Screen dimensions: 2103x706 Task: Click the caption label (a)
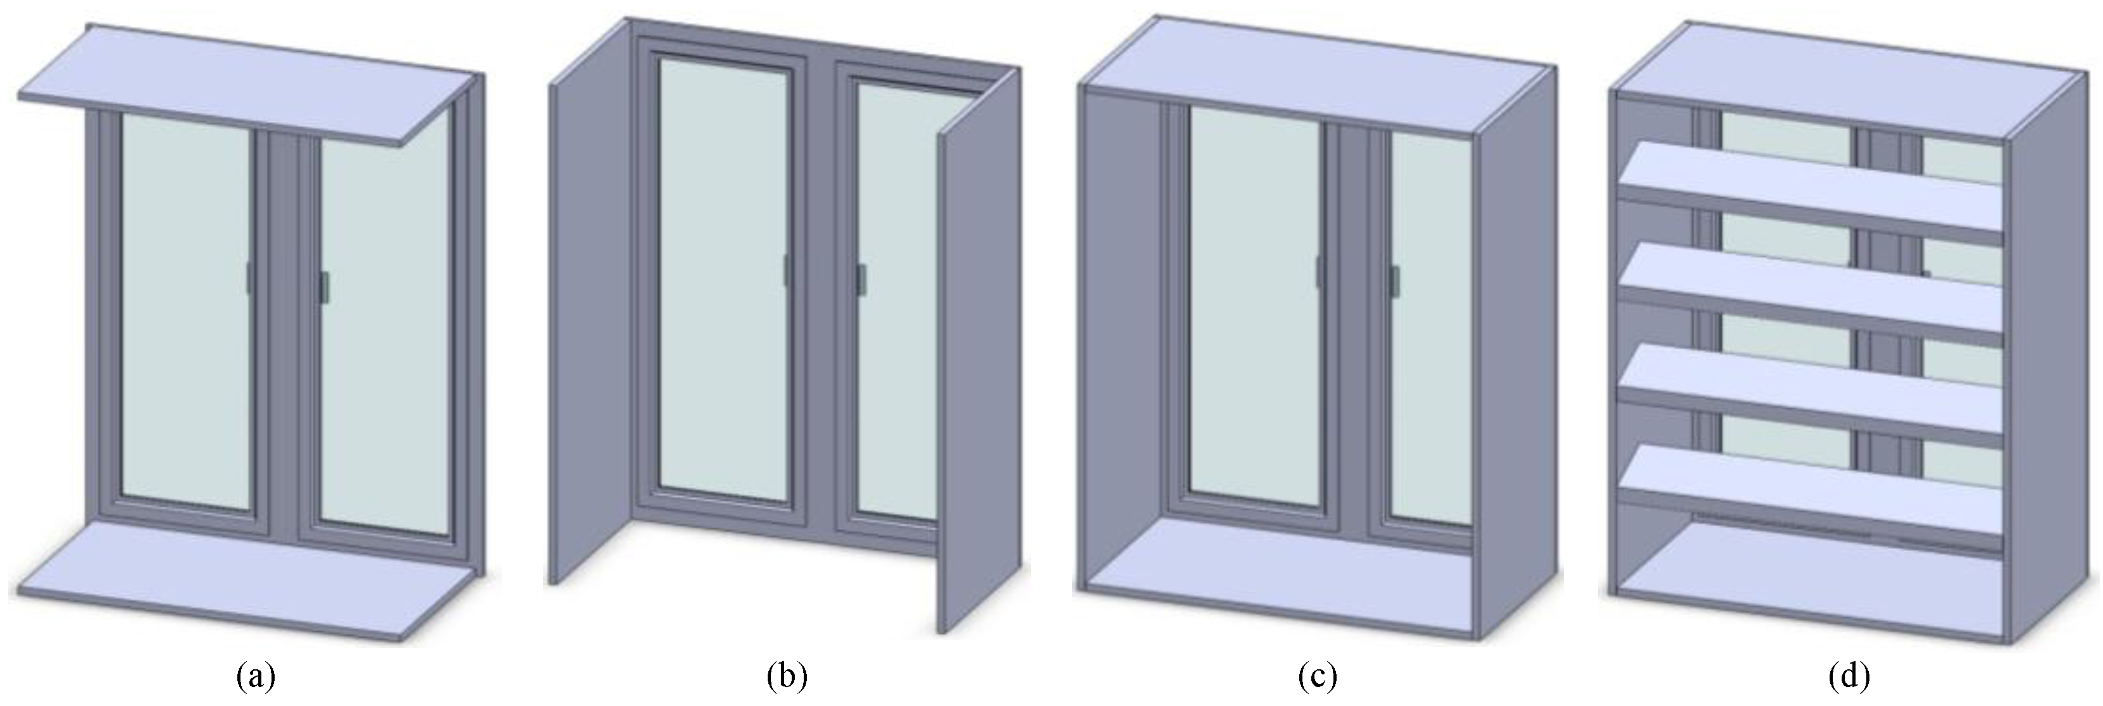[256, 676]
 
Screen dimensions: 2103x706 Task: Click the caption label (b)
[787, 676]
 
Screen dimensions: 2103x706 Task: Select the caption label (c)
[1317, 676]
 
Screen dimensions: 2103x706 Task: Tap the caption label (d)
[1849, 676]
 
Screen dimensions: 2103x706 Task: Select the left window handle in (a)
[250, 278]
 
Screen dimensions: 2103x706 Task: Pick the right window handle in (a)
[324, 288]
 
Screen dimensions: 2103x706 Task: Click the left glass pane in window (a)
[185, 310]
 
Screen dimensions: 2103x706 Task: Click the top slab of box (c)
[1314, 78]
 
